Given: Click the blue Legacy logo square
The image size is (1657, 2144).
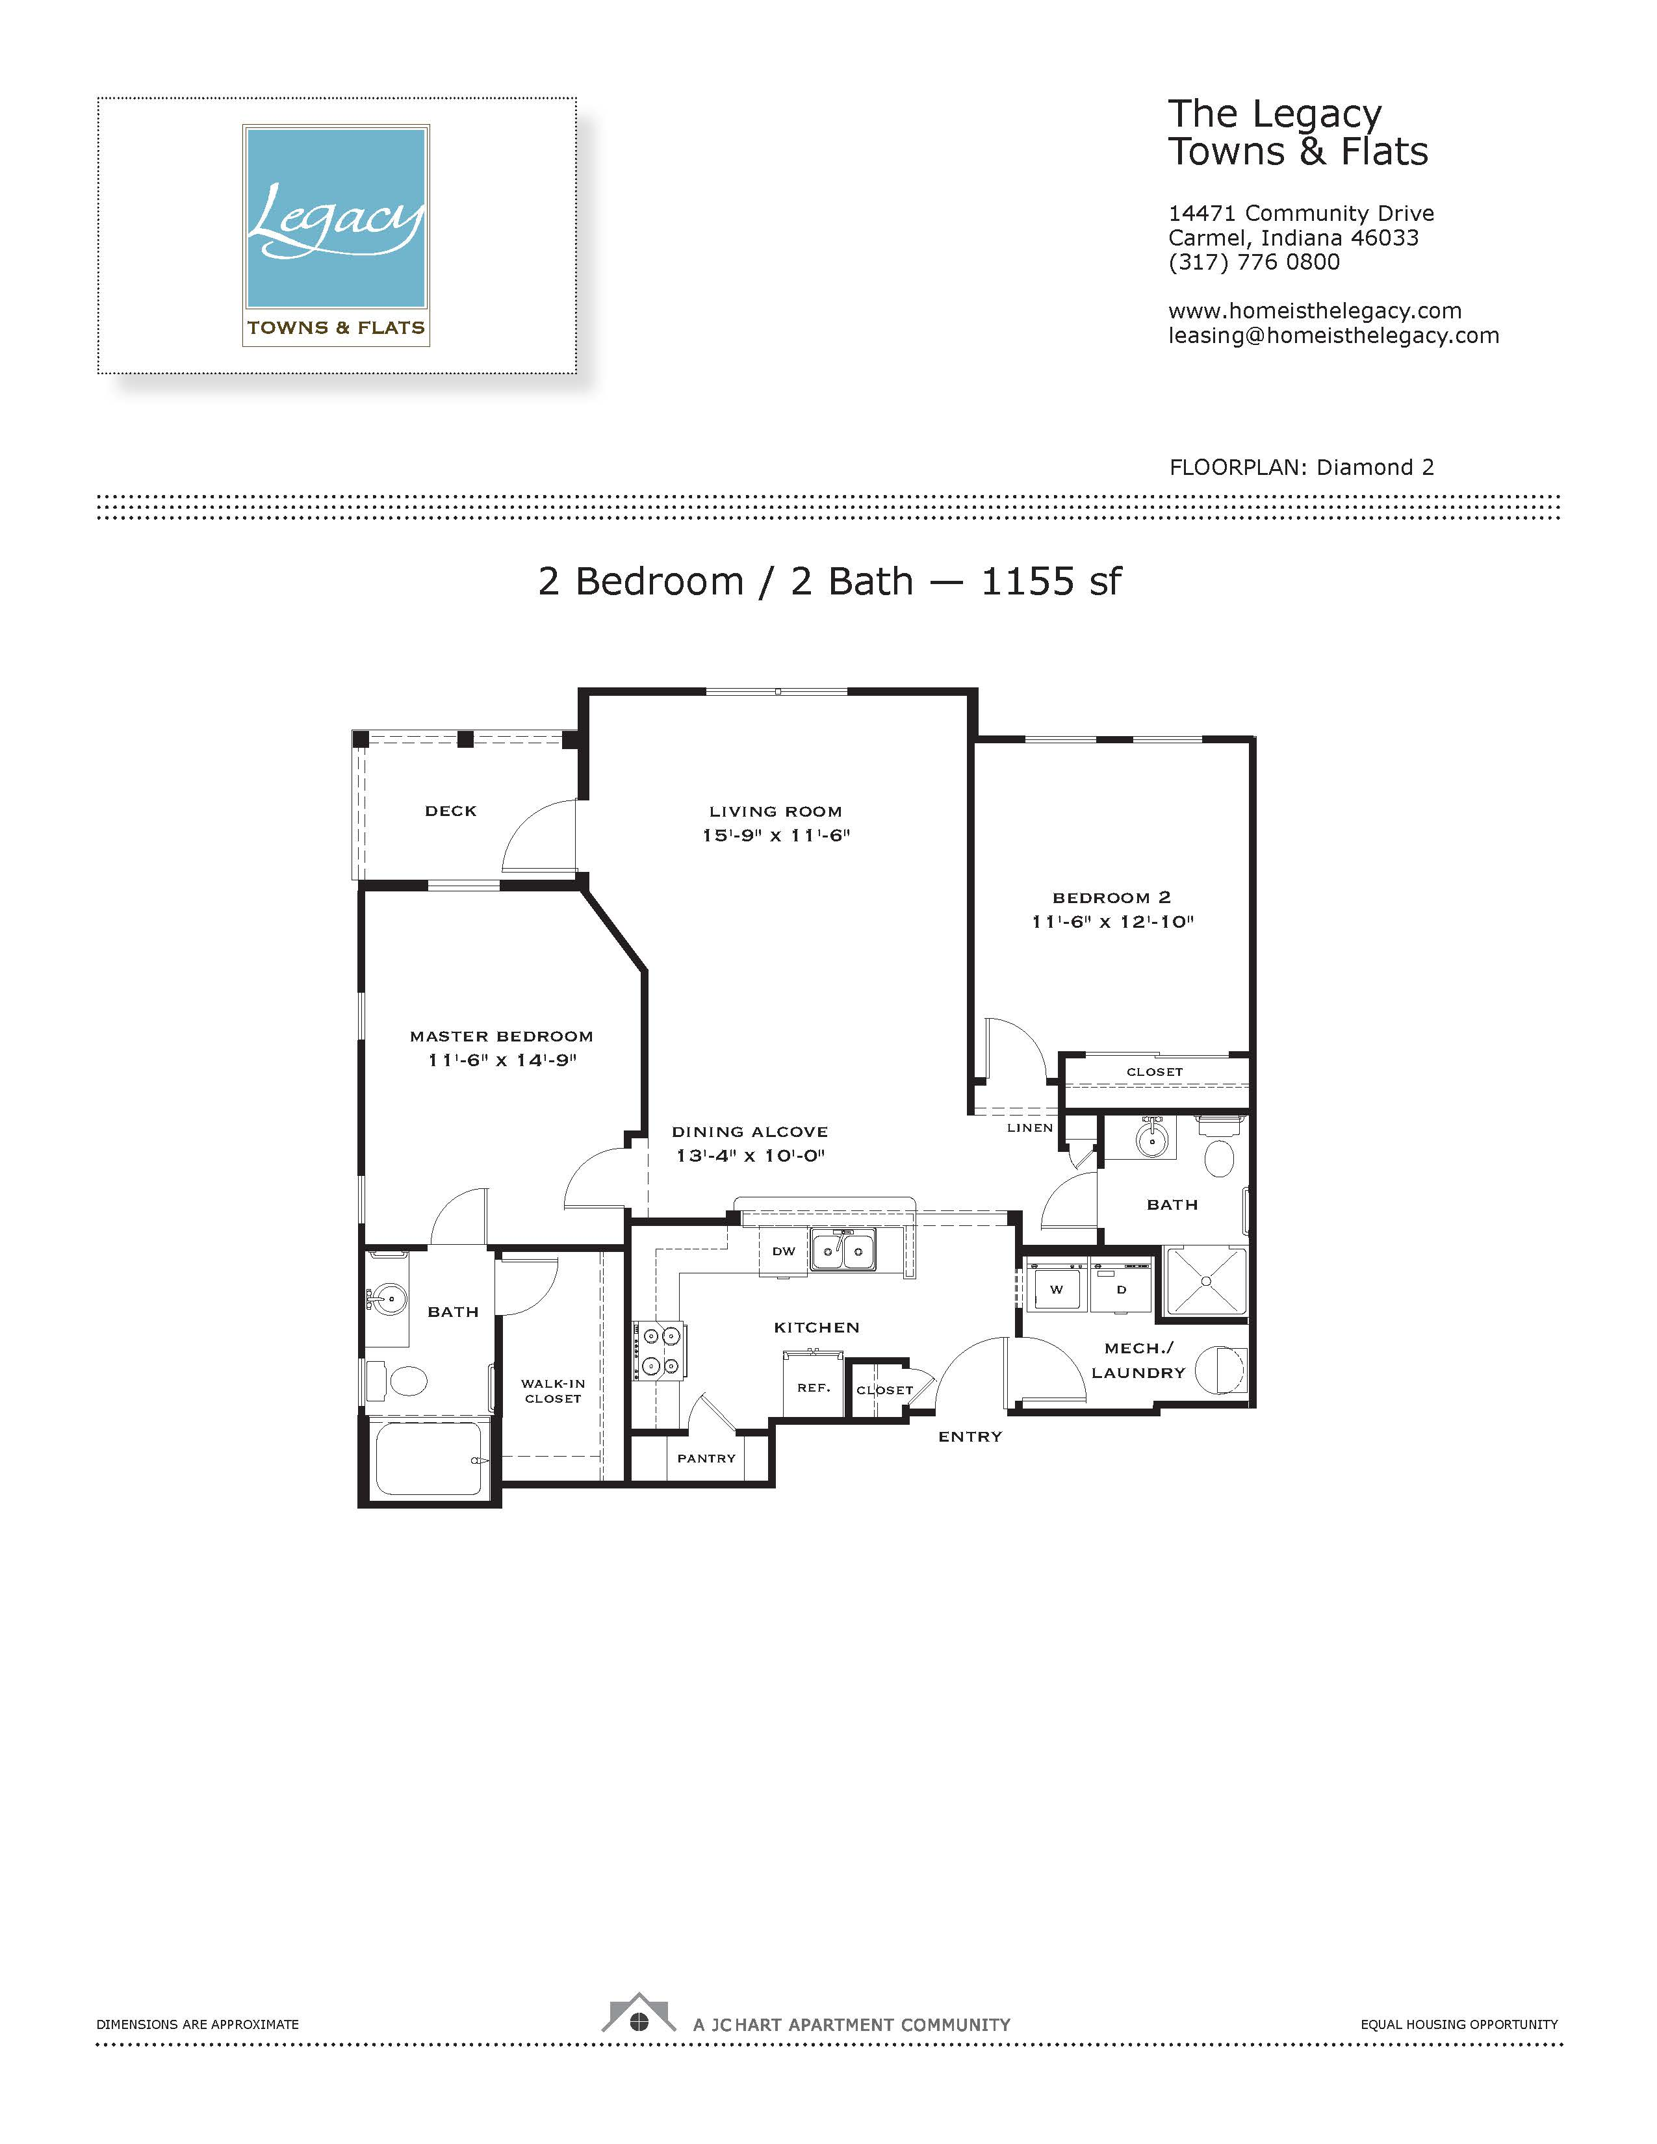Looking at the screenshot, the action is coord(336,218).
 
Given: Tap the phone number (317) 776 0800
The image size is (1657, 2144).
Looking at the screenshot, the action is coord(1253,262).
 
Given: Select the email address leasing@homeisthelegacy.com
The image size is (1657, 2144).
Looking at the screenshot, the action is coord(1333,336).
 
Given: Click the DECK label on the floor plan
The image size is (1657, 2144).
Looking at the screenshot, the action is coord(450,811).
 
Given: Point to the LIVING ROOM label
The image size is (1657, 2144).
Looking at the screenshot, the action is coord(775,812).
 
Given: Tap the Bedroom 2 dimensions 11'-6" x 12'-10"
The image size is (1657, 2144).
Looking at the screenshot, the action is coord(1112,922).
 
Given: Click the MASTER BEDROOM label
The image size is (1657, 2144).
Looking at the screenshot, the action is coord(502,1037).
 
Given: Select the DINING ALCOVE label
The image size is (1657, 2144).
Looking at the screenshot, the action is coord(750,1132).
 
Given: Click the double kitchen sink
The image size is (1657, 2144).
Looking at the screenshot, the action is coord(843,1249).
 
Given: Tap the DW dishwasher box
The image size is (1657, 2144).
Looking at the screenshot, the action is coord(784,1253).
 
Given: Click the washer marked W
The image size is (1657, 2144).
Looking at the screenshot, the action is coord(1055,1289).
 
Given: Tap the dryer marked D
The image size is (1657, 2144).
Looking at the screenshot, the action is coord(1121,1289).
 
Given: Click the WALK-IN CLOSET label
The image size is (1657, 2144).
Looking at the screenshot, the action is coord(553,1391).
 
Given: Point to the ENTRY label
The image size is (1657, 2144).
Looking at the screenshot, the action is coord(970,1436).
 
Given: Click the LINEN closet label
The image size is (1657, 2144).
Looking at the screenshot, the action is coord(1030,1128).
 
